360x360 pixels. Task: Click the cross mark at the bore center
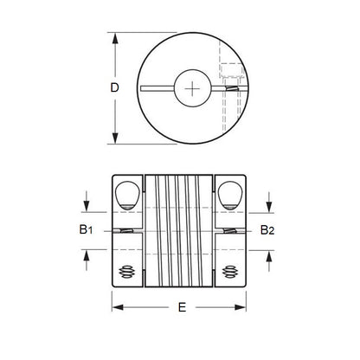pyautogui.click(x=191, y=88)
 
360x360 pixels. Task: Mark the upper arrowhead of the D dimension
pyautogui.click(x=115, y=37)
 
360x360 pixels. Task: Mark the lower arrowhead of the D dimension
pyautogui.click(x=115, y=139)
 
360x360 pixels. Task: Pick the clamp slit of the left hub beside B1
pyautogui.click(x=127, y=231)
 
